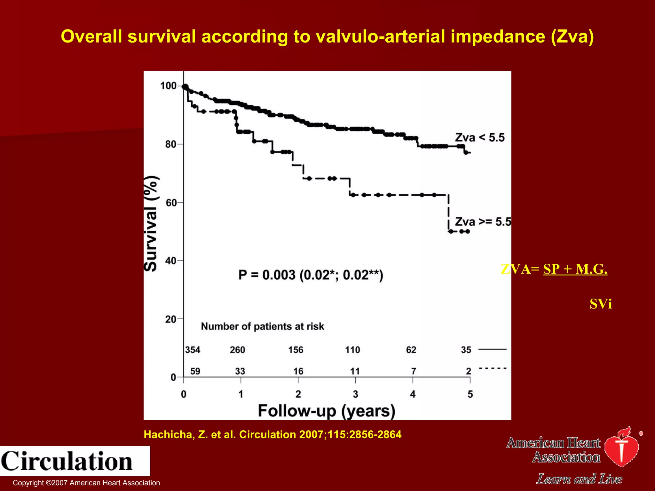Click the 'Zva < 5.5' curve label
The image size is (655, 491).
479,137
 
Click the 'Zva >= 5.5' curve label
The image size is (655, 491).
483,222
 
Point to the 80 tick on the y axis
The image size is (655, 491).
171,144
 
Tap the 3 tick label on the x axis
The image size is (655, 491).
355,394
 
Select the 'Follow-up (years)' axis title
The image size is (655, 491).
327,411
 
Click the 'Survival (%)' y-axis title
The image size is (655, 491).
151,223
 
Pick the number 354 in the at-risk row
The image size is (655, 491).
193,350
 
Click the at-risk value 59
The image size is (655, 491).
195,371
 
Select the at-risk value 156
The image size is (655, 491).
296,350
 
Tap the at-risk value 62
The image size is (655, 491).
411,350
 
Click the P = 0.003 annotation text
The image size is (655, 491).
311,275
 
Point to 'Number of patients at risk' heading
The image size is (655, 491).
262,326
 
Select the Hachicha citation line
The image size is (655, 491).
272,434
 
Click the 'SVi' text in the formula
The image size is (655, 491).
601,304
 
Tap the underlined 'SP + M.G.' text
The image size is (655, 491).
575,269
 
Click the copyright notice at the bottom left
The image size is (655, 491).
86,483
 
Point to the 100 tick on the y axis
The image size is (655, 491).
169,86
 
